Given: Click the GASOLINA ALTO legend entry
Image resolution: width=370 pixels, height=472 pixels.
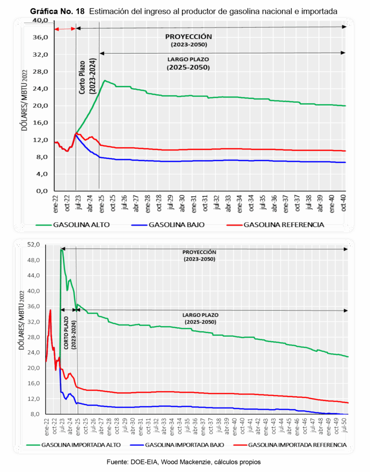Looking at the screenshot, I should [x=76, y=225].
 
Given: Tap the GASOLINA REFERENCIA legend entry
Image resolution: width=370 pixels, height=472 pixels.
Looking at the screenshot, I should [x=283, y=225].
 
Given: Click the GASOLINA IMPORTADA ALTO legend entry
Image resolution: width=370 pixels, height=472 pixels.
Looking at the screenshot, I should [x=81, y=445].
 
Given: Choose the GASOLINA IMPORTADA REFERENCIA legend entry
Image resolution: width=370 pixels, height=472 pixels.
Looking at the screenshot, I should [x=297, y=445].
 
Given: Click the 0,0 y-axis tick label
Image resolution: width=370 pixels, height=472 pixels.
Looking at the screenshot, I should [x=42, y=191].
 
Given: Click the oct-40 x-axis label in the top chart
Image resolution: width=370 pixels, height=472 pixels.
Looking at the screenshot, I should [x=343, y=202].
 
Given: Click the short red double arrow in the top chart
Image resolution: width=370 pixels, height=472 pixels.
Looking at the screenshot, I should [x=65, y=29].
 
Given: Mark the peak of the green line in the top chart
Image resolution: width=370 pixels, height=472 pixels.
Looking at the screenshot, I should [x=105, y=81].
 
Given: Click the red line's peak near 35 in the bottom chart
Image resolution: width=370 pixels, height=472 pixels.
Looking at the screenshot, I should [x=50, y=310].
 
